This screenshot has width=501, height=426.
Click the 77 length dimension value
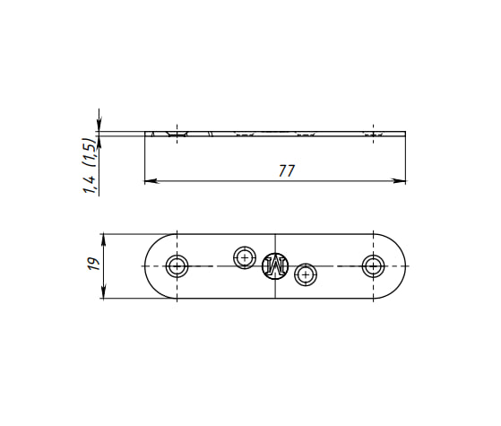tap(286, 170)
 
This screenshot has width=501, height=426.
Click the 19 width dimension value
tap(94, 264)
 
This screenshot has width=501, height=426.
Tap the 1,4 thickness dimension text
tap(90, 184)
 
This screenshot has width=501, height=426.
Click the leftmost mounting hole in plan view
tap(177, 265)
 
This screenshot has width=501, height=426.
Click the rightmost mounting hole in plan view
tap(373, 265)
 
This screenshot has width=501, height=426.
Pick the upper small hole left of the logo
tap(245, 257)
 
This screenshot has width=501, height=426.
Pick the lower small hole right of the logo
tap(306, 274)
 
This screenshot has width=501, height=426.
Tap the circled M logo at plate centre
tap(275, 265)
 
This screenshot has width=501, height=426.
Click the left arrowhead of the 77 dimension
tap(151, 181)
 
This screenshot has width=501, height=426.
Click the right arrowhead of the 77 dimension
tap(399, 181)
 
